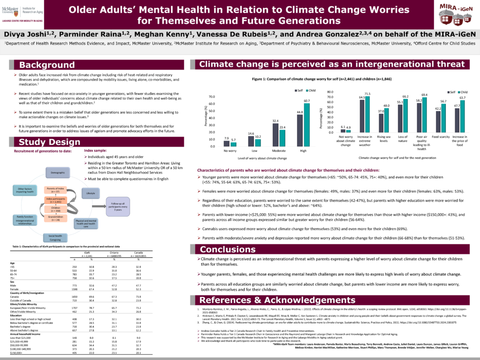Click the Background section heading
tap(47, 65)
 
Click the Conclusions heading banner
tap(228, 249)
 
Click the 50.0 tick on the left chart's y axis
tap(212, 111)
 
